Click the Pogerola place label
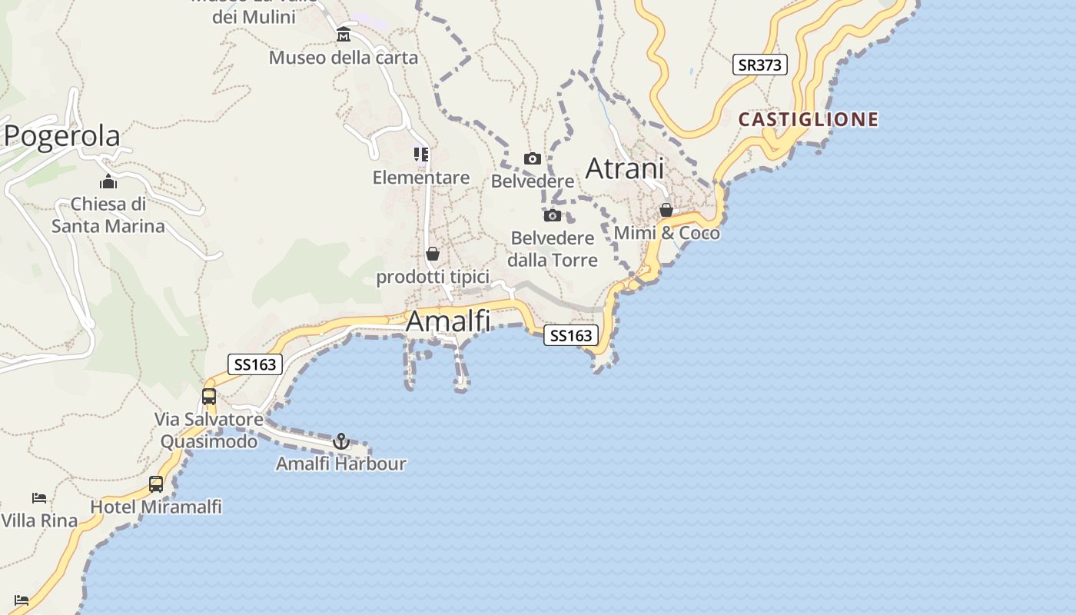pyautogui.click(x=62, y=136)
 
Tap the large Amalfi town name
pyautogui.click(x=447, y=321)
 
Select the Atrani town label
pyautogui.click(x=625, y=168)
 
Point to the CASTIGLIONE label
pyautogui.click(x=809, y=119)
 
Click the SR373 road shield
pyautogui.click(x=759, y=65)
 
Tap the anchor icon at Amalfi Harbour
pyautogui.click(x=341, y=441)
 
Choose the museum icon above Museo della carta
pyautogui.click(x=344, y=35)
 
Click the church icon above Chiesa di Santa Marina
pyautogui.click(x=108, y=182)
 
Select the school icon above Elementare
pyautogui.click(x=421, y=155)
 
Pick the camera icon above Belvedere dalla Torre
pyautogui.click(x=553, y=215)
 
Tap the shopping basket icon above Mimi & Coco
pyautogui.click(x=666, y=210)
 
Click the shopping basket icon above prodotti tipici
pyautogui.click(x=433, y=254)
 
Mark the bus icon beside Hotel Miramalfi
pyautogui.click(x=156, y=484)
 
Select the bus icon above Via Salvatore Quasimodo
pyautogui.click(x=209, y=397)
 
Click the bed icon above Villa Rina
pyautogui.click(x=39, y=498)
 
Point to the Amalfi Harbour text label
pyautogui.click(x=341, y=464)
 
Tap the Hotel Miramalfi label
pyautogui.click(x=156, y=507)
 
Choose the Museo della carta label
pyautogui.click(x=344, y=58)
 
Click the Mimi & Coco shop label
pyautogui.click(x=667, y=233)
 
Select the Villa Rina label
pyautogui.click(x=39, y=520)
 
